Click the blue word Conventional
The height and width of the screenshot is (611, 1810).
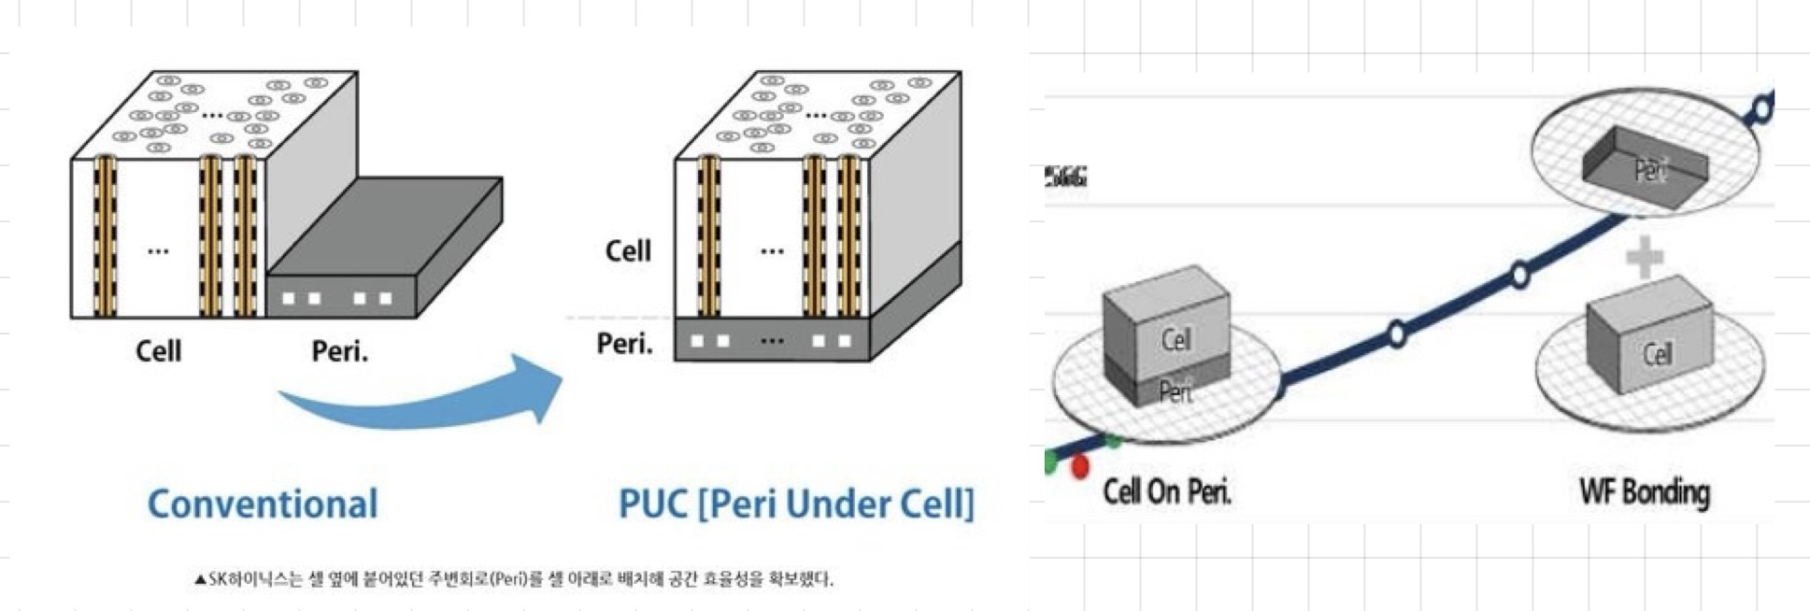coord(263,504)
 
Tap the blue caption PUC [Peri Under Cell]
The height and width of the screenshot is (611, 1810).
coord(796,504)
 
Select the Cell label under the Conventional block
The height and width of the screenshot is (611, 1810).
coord(158,351)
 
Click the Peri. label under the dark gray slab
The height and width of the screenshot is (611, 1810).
coord(339,351)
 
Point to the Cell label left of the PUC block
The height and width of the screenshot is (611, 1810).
coord(628,250)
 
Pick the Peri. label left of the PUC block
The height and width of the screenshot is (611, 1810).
coord(624,344)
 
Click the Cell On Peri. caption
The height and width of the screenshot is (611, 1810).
coord(1166,491)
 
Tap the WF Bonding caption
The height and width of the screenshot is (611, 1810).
coord(1645,491)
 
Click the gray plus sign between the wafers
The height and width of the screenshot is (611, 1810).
coord(1645,257)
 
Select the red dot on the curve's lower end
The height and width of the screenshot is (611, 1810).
coord(1080,466)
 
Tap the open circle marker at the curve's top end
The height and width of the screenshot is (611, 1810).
coord(1761,108)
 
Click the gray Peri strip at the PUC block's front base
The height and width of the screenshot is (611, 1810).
coord(772,340)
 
